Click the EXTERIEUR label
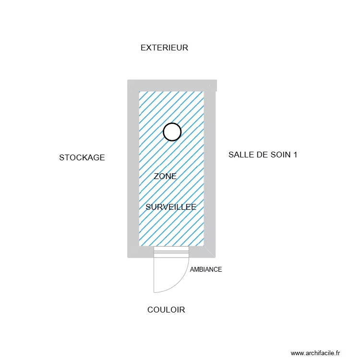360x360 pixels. click(x=164, y=48)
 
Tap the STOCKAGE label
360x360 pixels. click(x=82, y=157)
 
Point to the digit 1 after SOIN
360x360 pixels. click(x=295, y=155)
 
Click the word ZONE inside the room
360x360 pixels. click(x=165, y=176)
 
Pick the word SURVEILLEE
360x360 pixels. click(x=171, y=207)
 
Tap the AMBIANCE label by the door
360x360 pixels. click(x=206, y=270)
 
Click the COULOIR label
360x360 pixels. click(x=166, y=310)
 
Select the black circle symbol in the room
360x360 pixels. click(x=172, y=123)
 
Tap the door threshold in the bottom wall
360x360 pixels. click(x=171, y=252)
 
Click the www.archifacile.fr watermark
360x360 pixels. click(x=315, y=353)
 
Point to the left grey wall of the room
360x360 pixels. click(x=133, y=169)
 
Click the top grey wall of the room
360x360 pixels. click(x=172, y=85)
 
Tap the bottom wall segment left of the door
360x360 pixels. click(x=141, y=252)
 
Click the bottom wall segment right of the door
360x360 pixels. click(x=202, y=252)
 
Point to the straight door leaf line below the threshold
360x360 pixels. click(x=154, y=275)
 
